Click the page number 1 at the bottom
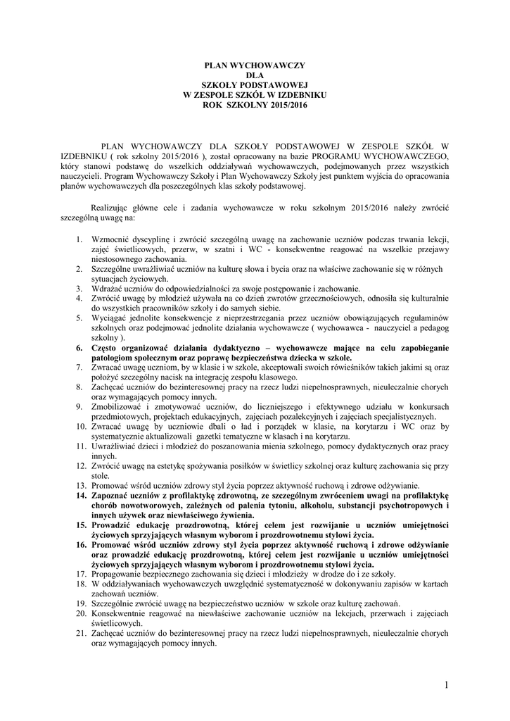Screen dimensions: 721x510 click(446, 684)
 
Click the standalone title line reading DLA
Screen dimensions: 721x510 click(255, 75)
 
